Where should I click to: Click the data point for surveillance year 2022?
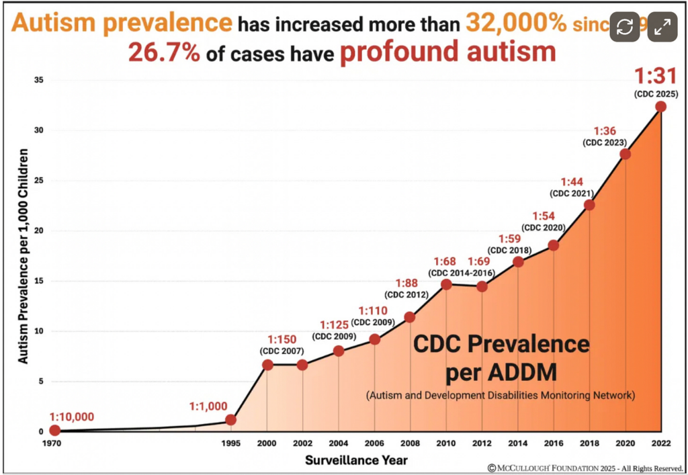(660, 106)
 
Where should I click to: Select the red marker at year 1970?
(54, 430)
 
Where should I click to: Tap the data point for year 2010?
(446, 284)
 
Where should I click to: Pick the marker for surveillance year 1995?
(230, 420)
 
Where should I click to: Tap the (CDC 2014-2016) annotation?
(462, 273)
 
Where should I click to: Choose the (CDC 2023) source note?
(605, 142)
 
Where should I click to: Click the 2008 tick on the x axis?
(410, 444)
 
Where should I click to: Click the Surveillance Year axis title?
(356, 460)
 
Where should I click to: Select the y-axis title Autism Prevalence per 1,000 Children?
(23, 256)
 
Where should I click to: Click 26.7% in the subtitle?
(164, 52)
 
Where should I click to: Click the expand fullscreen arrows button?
(662, 27)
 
